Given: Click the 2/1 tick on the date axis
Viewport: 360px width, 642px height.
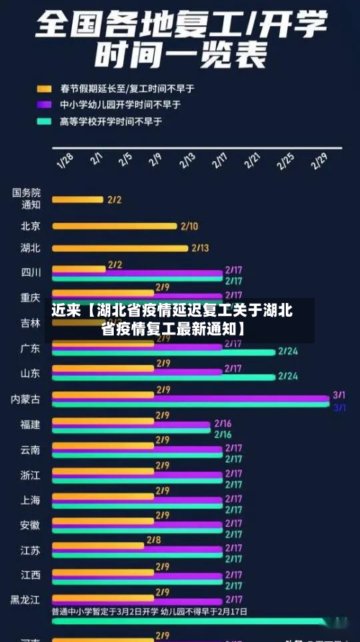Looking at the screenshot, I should pos(96,158).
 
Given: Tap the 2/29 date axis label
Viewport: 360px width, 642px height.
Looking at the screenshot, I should pos(319,160).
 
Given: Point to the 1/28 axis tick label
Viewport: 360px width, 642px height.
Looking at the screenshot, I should pos(65,160).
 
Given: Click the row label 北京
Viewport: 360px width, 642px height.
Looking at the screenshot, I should pos(31,226).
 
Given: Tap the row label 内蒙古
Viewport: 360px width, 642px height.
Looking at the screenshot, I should pos(26,399).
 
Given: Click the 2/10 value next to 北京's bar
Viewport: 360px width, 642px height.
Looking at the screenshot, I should pos(189,226).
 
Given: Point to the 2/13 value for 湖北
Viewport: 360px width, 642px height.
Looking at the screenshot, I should pos(200,248).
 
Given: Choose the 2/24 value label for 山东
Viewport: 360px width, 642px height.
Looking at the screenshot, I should pos(288,376).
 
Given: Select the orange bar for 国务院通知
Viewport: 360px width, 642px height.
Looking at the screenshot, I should pos(78,199).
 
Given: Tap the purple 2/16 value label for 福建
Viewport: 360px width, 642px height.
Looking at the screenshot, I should pos(222,424).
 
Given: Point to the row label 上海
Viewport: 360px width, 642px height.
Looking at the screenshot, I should pos(31,500).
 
